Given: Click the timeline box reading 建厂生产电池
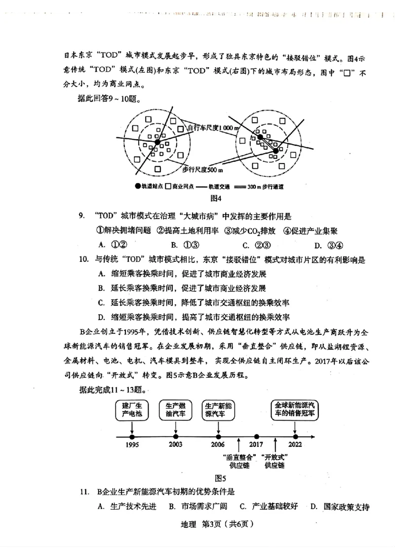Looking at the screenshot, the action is [x=132, y=410].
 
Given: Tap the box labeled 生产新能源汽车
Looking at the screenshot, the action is [x=219, y=410].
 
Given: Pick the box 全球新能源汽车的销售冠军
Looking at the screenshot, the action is [x=295, y=410].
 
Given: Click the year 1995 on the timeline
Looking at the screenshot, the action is [x=132, y=444].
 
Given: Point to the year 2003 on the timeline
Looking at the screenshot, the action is [x=175, y=444].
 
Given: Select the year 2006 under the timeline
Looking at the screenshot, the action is [x=218, y=444].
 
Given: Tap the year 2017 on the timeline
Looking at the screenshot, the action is [x=256, y=444].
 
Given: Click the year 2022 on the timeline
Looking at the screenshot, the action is [x=295, y=444].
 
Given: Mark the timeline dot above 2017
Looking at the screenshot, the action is [x=256, y=437].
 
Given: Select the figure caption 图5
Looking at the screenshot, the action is [x=220, y=478].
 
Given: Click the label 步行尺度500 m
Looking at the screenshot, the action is [x=202, y=170].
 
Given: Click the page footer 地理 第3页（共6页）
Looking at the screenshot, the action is [x=210, y=524].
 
